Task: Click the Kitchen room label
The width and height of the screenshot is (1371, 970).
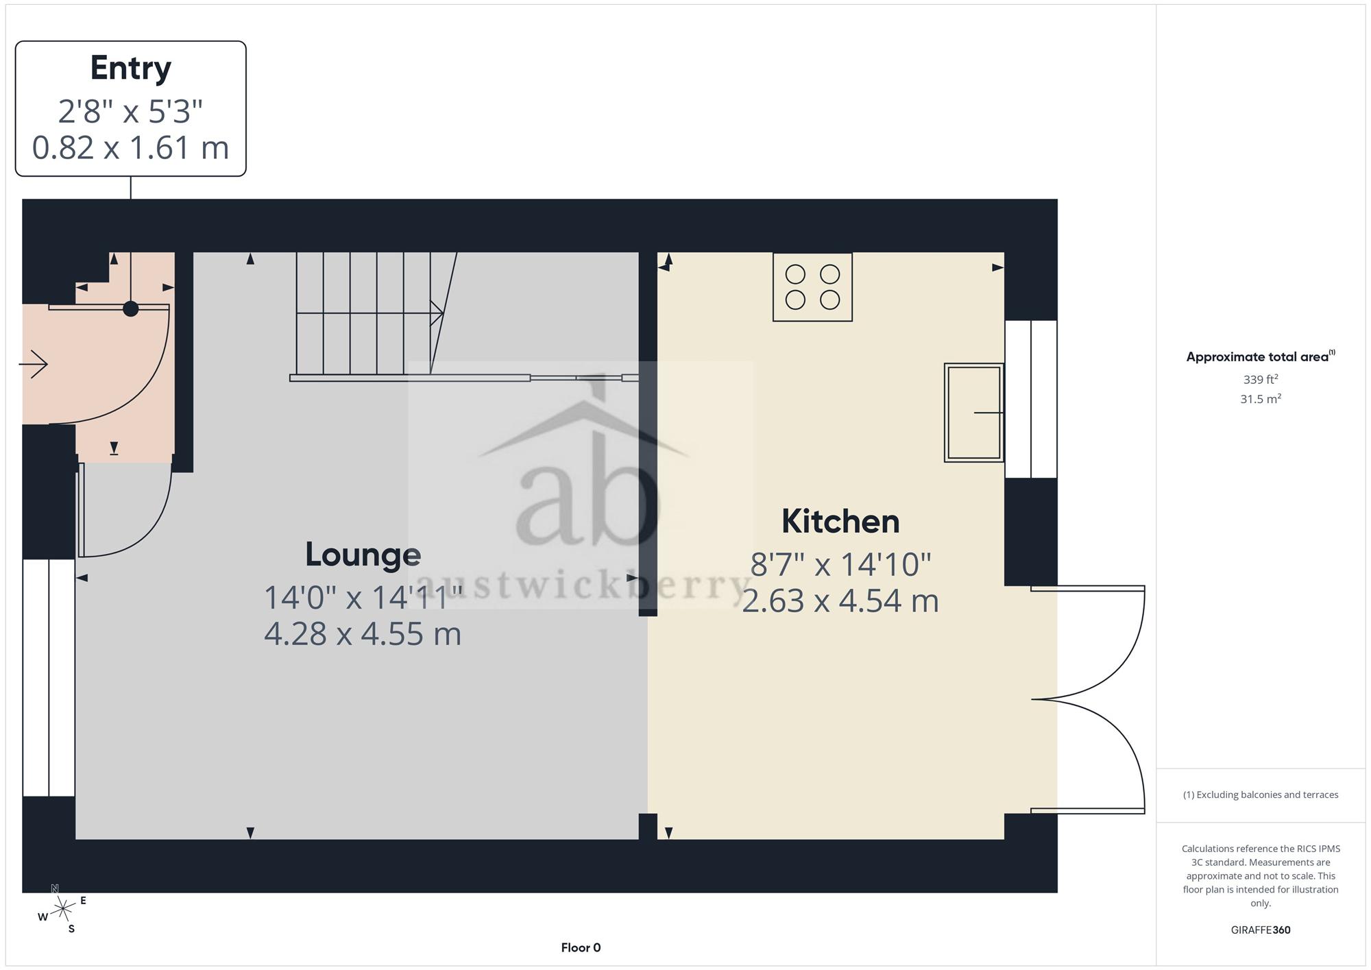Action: (x=840, y=522)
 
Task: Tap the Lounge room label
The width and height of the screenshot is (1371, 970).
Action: (x=363, y=555)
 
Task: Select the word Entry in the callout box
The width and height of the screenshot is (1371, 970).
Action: (x=130, y=69)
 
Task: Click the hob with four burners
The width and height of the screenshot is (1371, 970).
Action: (x=812, y=287)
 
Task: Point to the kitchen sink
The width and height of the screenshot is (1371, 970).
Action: (x=974, y=412)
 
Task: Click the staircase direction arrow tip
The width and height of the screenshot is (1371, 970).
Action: (x=443, y=313)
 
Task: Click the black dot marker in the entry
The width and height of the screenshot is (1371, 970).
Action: (x=130, y=308)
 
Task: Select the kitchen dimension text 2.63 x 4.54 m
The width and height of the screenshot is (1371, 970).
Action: (x=840, y=601)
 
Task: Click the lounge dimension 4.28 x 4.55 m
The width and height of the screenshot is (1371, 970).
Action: (x=363, y=633)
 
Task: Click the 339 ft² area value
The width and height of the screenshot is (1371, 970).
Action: (x=1261, y=379)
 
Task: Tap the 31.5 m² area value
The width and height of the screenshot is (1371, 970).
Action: (x=1261, y=398)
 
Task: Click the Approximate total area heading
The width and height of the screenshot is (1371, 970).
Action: (x=1261, y=356)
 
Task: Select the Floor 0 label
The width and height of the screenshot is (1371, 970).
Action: (x=581, y=948)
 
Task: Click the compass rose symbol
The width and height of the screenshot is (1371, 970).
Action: (x=62, y=910)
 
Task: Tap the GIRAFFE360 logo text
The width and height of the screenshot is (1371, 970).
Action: (x=1261, y=930)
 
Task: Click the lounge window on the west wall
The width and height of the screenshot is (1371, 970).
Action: (x=49, y=678)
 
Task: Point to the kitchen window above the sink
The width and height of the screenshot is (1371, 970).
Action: (x=1031, y=399)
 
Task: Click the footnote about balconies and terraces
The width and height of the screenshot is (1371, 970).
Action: (x=1261, y=795)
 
